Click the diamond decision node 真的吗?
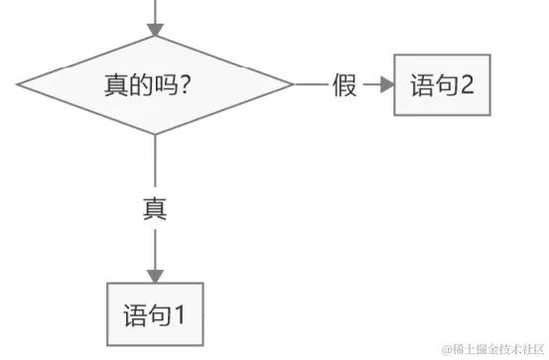point(155,84)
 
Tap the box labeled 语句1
point(156,315)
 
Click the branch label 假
point(344,84)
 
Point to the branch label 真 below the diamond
point(155,209)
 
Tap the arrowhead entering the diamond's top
point(155,28)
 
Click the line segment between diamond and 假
point(311,84)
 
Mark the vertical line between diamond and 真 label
point(155,164)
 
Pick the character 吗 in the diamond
point(162,84)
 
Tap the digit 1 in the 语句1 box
point(181,315)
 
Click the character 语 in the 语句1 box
point(134,315)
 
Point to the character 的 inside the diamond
point(138,84)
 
